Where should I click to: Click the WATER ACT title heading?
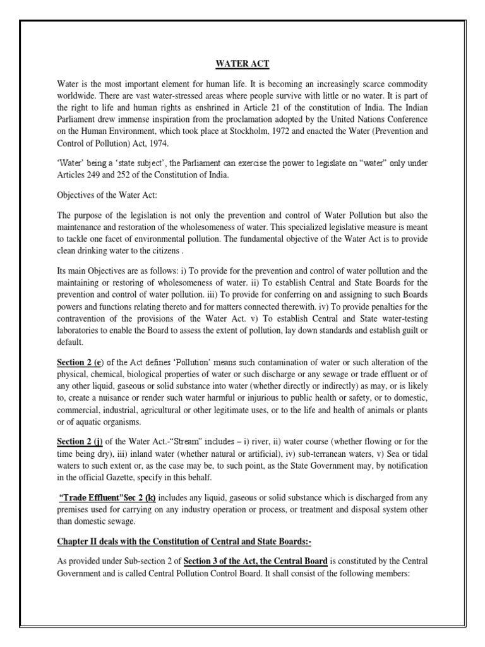pyautogui.click(x=242, y=63)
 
